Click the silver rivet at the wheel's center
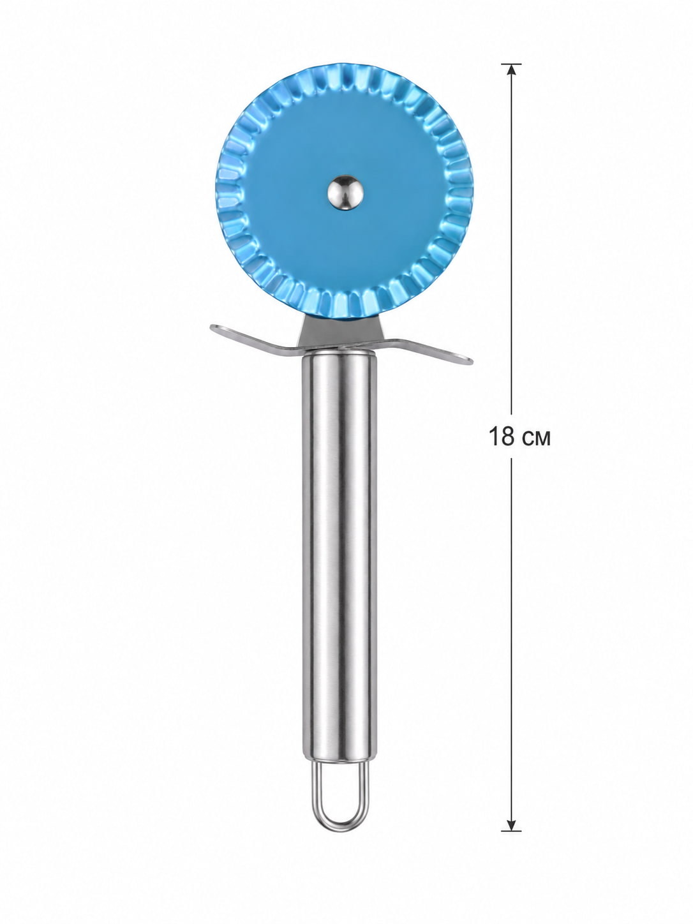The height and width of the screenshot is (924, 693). [x=345, y=192]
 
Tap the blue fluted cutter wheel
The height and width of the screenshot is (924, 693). [x=344, y=191]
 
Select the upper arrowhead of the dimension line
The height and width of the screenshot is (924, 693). [x=510, y=69]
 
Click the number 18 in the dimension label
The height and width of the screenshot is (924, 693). [x=502, y=436]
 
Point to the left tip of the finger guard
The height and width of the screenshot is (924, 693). [x=211, y=326]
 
